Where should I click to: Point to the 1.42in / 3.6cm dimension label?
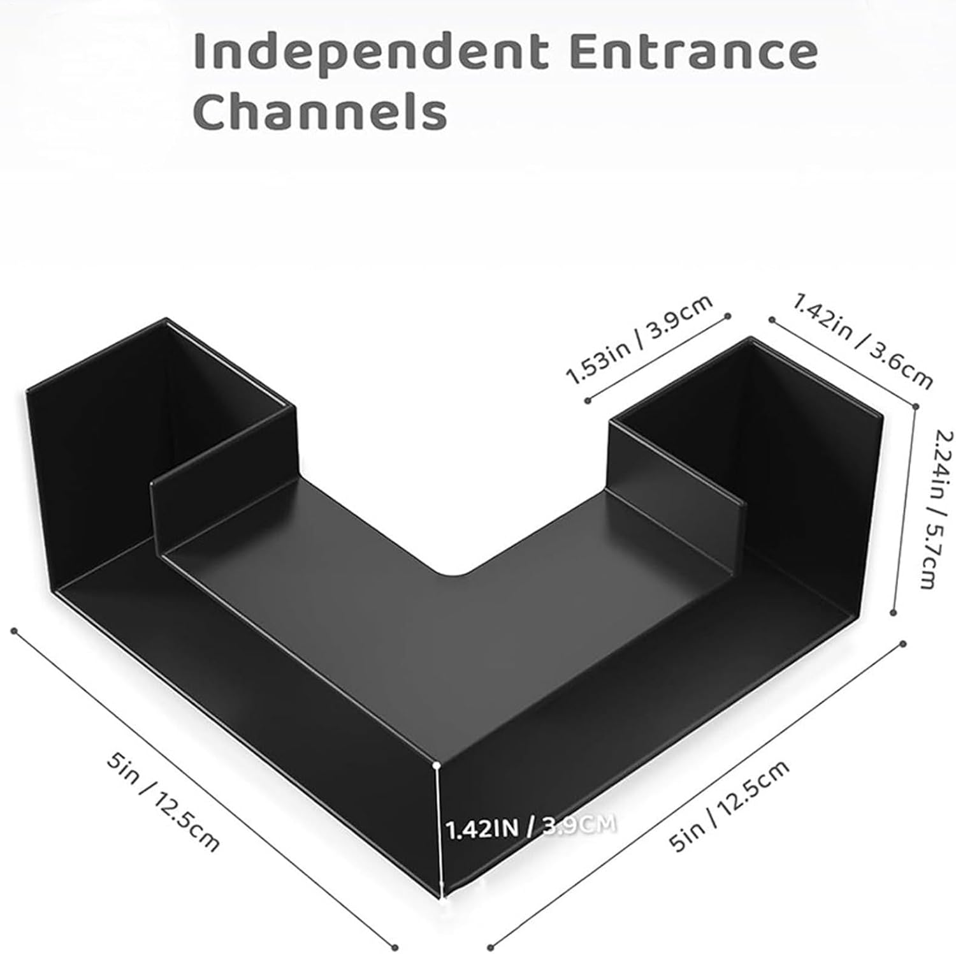[862, 341]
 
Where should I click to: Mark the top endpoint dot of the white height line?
[437, 764]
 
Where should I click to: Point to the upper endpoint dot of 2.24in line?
[916, 406]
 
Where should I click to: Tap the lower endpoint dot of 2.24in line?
[894, 612]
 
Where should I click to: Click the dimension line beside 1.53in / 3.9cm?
[657, 358]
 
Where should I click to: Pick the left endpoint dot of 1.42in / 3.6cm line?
[771, 318]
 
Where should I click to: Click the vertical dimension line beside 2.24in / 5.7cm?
[905, 509]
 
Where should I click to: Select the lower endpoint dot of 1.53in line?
[587, 400]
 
